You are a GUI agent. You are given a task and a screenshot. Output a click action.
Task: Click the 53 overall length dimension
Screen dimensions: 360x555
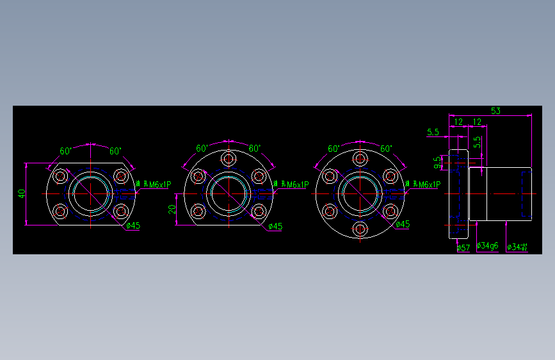click(495, 111)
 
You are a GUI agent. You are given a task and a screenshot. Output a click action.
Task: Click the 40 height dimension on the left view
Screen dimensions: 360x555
click(21, 193)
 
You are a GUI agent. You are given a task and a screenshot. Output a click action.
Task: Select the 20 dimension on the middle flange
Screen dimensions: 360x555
click(172, 209)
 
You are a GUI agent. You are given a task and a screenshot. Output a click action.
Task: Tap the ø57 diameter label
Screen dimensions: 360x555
click(463, 247)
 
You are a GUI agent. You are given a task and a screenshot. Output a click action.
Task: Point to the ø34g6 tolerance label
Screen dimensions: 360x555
click(488, 246)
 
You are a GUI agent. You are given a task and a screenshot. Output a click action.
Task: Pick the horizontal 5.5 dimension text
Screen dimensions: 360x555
click(433, 133)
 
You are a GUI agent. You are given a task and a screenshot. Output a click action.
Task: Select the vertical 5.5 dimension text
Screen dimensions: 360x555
click(477, 142)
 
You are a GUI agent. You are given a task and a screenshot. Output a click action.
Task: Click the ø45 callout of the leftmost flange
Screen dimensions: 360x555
click(133, 225)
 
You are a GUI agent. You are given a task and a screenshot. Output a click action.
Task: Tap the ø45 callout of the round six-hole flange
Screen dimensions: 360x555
click(403, 224)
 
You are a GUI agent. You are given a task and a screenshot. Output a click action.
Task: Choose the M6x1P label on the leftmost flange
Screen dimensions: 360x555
click(157, 184)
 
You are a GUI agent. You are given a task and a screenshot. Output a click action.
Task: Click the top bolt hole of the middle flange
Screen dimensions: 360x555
click(229, 158)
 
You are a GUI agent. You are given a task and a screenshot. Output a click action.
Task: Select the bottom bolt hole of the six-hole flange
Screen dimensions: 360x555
click(360, 229)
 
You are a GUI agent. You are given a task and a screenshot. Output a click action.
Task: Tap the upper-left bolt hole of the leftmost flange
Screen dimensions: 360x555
click(61, 176)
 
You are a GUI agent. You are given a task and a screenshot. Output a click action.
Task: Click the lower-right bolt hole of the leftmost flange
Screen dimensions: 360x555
click(120, 210)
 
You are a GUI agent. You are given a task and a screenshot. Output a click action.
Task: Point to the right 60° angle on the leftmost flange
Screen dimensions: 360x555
click(115, 151)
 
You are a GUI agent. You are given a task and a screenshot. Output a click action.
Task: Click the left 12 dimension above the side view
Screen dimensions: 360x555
click(458, 121)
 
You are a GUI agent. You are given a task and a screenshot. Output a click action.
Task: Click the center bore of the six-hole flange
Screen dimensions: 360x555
click(360, 193)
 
